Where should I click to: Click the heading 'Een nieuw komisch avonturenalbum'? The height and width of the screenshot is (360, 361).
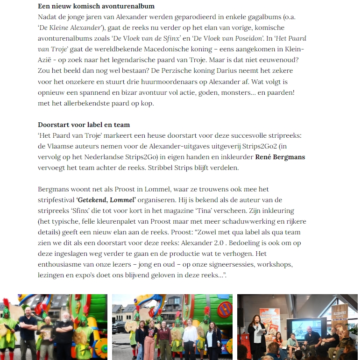[96, 7]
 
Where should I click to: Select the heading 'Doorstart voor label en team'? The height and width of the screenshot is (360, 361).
[84, 125]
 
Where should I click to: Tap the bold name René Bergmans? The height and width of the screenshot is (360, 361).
[278, 157]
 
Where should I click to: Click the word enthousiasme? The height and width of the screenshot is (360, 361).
[63, 264]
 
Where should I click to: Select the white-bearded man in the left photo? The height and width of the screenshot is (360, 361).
[64, 333]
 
